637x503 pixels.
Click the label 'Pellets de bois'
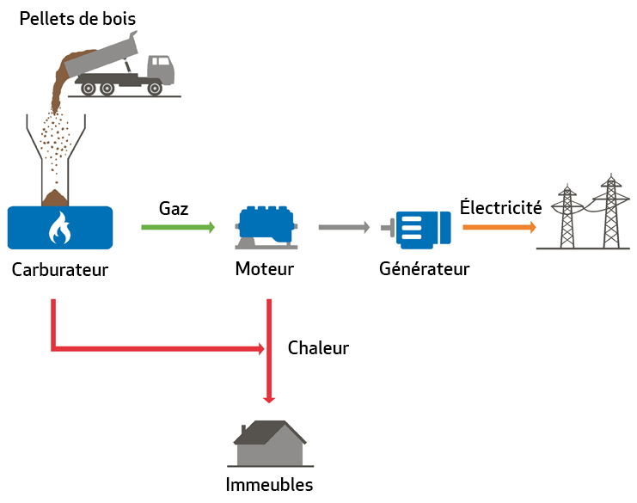coord(78,17)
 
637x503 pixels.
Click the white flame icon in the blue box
coord(58,228)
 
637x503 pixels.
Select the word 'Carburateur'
coord(60,269)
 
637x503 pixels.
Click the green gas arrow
coord(177,228)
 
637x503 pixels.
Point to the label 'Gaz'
coord(174,208)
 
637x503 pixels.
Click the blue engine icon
coord(265,225)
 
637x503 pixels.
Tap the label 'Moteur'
coord(265,269)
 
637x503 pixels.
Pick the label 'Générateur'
coord(425,269)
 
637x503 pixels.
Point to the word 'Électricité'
coord(500,207)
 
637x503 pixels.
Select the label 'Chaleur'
coord(318,348)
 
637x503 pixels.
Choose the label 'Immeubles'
coord(269,484)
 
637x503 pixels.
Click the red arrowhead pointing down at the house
coord(270,397)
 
